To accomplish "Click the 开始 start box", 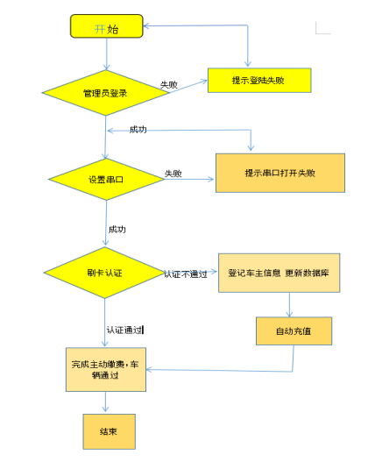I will (x=106, y=27).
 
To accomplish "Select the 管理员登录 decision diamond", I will (x=106, y=92).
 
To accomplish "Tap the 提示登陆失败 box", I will (x=258, y=80).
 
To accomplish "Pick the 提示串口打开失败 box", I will (x=280, y=173).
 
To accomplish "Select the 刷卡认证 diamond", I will (x=107, y=274).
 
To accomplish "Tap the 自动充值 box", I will (x=292, y=331).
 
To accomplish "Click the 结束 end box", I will (x=110, y=430).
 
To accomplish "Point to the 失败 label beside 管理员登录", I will (x=169, y=85).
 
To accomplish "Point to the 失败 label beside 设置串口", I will (x=173, y=174).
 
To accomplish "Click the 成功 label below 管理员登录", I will (x=138, y=130).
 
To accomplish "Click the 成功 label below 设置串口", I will (x=117, y=229).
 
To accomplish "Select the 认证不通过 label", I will (x=185, y=274).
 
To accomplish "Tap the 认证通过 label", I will (x=124, y=330).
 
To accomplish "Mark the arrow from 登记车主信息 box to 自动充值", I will (x=290, y=303).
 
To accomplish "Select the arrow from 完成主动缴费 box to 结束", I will (x=106, y=401).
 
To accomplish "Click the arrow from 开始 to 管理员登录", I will (x=106, y=53).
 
